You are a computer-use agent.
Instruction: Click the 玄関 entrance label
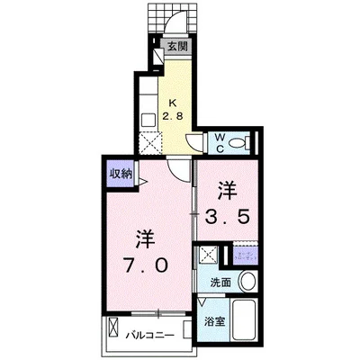tap(176, 46)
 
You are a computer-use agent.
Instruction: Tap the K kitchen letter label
tap(175, 100)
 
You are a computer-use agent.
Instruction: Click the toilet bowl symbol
tap(237, 142)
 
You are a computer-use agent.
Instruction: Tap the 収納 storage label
tap(120, 173)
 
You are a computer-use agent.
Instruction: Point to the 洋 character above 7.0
tap(145, 238)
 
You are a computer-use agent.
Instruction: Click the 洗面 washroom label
tap(220, 283)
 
